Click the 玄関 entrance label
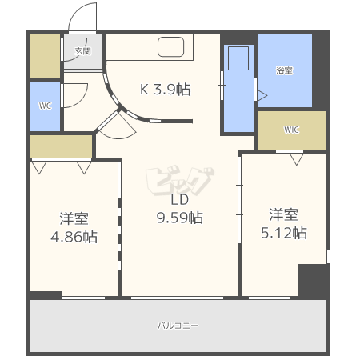click(x=83, y=51)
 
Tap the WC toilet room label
click(x=45, y=106)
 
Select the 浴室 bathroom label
click(x=284, y=70)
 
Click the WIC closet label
click(x=291, y=130)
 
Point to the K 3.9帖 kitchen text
click(x=166, y=90)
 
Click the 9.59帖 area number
click(x=180, y=218)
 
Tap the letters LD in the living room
click(x=180, y=199)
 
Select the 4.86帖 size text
click(x=74, y=237)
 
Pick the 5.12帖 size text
click(x=284, y=233)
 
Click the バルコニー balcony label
click(x=178, y=326)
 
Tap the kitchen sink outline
click(x=171, y=47)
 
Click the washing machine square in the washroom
click(x=238, y=58)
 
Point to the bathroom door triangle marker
click(x=262, y=95)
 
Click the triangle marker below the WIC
click(x=297, y=159)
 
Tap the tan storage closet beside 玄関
click(x=45, y=56)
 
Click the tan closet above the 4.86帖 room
click(x=62, y=146)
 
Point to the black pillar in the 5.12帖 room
click(x=313, y=280)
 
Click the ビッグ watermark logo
click(x=180, y=181)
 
